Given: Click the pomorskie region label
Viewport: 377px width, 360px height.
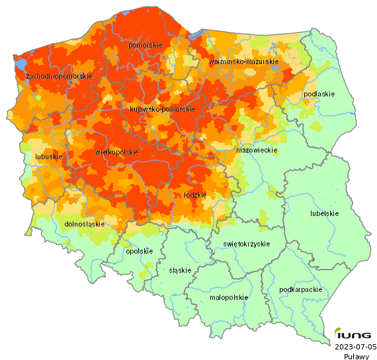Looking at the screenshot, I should click(145, 45).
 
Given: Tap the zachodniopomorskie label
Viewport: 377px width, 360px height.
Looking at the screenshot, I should click(58, 77).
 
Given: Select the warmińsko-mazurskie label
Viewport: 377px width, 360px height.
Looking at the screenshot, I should click(243, 61).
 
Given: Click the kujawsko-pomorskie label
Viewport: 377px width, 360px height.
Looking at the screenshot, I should click(162, 109).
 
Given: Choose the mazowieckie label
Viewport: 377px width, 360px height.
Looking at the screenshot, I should click(256, 151).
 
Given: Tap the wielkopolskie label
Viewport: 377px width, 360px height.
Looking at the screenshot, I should click(117, 152).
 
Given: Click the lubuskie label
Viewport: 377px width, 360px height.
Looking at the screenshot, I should click(48, 157).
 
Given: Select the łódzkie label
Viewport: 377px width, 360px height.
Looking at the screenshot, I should click(194, 195).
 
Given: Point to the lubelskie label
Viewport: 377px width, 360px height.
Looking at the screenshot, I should click(324, 213).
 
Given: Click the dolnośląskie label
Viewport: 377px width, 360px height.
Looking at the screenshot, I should click(85, 224).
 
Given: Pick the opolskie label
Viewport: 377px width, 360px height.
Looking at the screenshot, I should click(139, 251).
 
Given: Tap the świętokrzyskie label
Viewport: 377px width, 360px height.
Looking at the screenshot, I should click(246, 244).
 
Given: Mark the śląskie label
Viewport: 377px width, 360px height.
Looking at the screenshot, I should click(180, 270).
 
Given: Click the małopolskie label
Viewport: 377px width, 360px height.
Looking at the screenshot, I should click(228, 297).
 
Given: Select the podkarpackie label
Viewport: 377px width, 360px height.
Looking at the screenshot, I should click(301, 289).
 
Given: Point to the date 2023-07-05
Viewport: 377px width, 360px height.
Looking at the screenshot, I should click(355, 346).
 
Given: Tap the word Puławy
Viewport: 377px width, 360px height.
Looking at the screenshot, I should click(356, 355).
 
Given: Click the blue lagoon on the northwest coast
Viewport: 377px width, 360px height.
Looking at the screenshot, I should click(21, 65).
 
